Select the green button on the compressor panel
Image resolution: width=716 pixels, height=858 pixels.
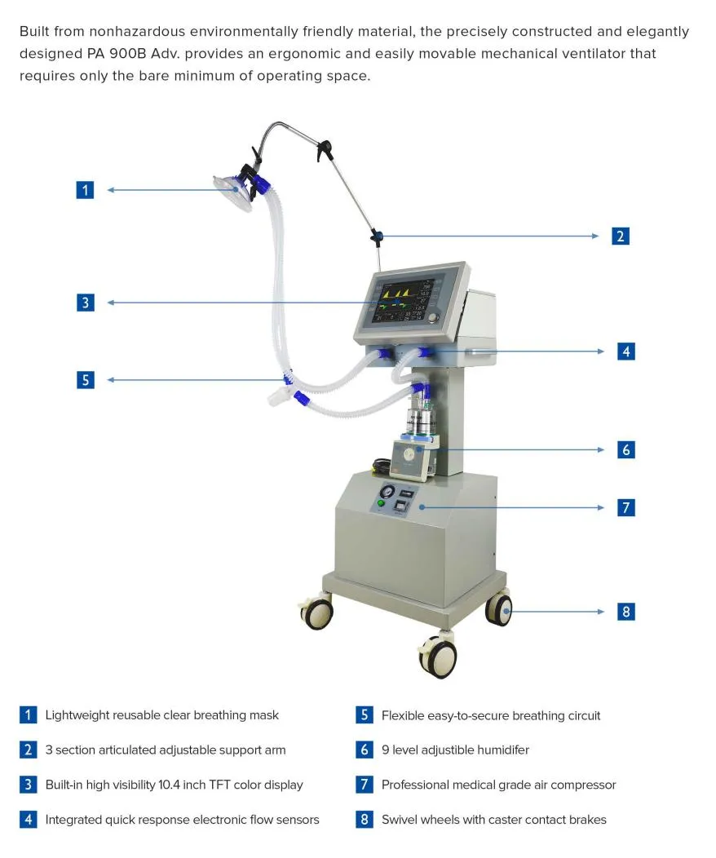point(381,503)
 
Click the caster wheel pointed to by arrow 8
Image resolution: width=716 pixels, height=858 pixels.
point(499,609)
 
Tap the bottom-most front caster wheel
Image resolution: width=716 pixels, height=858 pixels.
point(437,656)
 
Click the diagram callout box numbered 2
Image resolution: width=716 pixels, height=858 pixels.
point(621,237)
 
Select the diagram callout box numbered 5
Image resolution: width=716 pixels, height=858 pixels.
point(86,380)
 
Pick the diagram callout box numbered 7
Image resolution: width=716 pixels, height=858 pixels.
point(625,507)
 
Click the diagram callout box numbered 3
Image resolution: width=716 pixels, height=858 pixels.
point(86,303)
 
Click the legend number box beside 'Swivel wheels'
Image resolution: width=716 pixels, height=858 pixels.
point(365,820)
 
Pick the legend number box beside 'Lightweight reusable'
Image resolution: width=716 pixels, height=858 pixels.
point(29,715)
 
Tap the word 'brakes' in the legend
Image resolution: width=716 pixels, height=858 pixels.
point(587,820)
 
